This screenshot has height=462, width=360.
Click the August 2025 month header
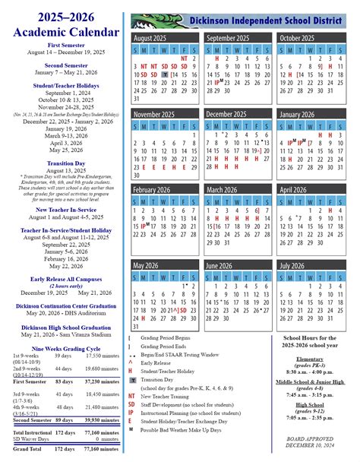tap(150, 37)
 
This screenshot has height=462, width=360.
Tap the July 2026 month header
tap(292, 265)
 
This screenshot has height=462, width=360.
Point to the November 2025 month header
tap(154, 114)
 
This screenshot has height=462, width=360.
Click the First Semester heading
tap(65, 46)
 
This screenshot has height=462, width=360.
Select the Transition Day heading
tap(65, 163)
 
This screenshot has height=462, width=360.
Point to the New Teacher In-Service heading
tap(65, 209)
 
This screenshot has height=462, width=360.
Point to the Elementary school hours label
tap(309, 358)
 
